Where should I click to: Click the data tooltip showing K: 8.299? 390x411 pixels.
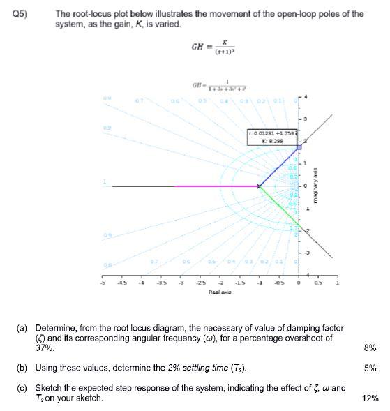271,135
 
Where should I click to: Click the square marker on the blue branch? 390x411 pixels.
299,147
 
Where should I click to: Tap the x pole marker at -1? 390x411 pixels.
259,186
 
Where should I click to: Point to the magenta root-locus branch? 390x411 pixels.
209,186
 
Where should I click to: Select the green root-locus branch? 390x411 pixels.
279,207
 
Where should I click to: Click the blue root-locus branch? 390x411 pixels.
279,167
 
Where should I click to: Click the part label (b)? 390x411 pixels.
27,367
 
